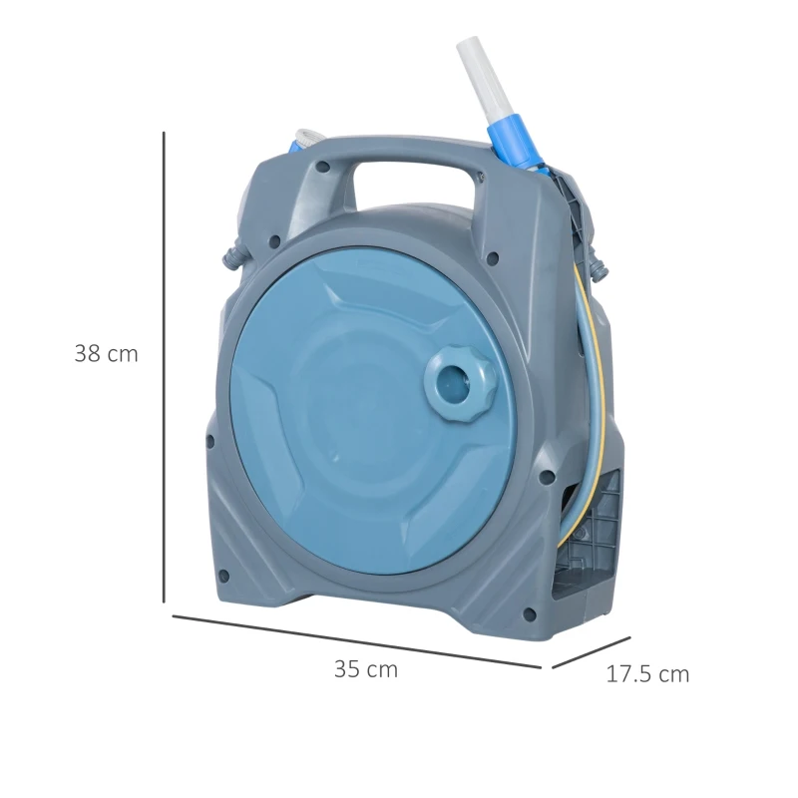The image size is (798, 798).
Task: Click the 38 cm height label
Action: pyautogui.click(x=106, y=353)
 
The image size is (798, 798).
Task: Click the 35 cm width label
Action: pyautogui.click(x=365, y=669)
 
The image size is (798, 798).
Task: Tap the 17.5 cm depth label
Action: pyautogui.click(x=647, y=673)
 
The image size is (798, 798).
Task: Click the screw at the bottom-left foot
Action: pyautogui.click(x=224, y=576)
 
